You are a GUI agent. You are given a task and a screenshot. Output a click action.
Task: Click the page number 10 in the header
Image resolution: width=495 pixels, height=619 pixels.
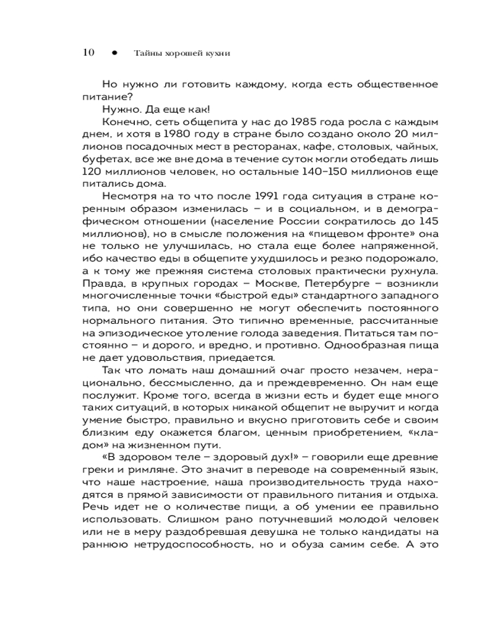click(87, 53)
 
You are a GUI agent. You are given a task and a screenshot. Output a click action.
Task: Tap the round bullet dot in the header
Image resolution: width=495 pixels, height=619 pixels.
click(114, 53)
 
